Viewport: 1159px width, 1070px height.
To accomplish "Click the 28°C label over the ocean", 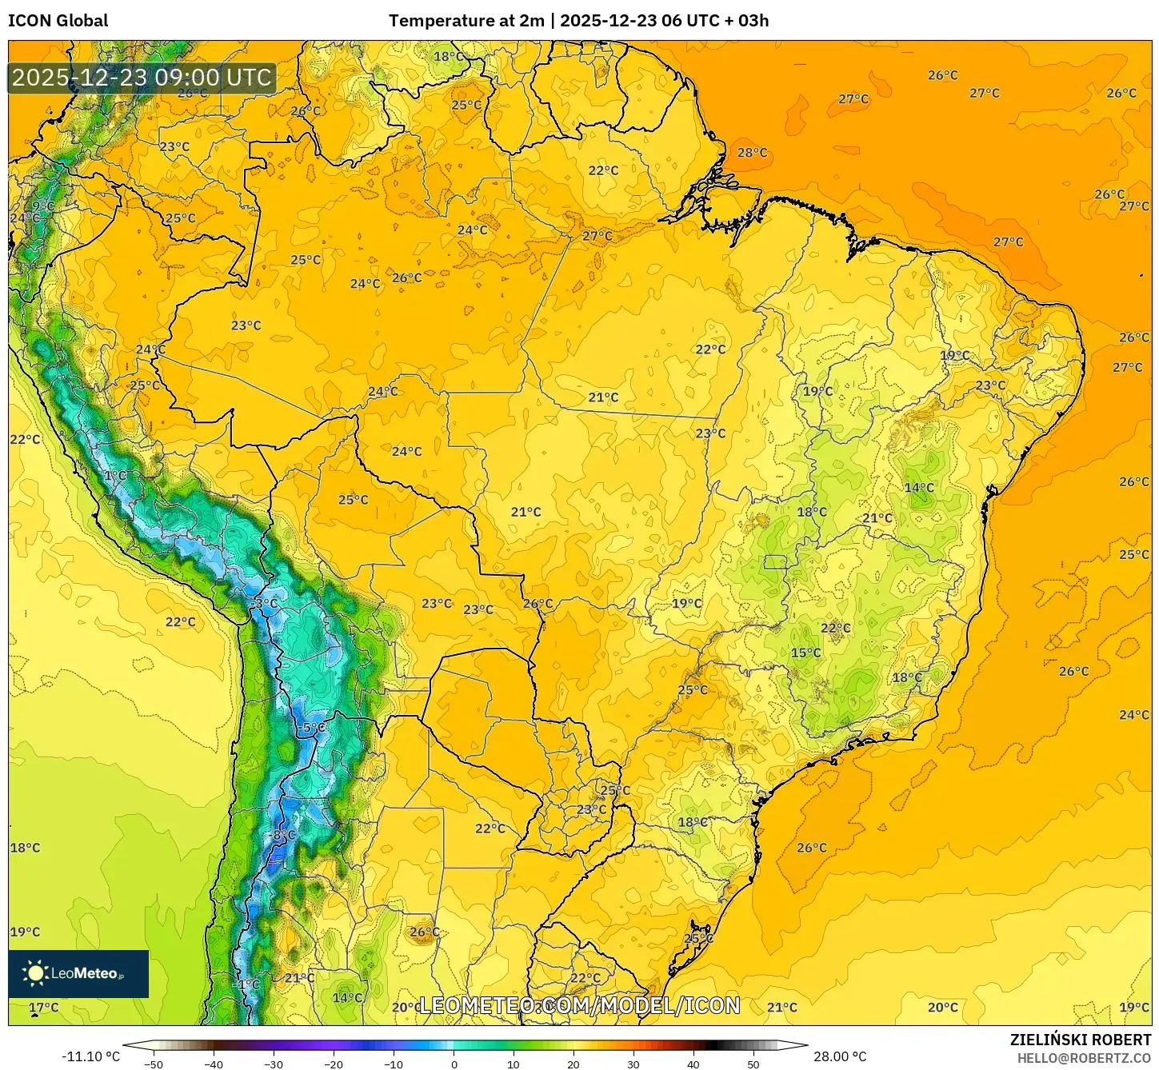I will coord(752,153).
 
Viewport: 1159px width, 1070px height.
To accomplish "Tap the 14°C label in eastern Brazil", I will coord(919,488).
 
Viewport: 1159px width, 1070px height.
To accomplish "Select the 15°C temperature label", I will coord(805,653).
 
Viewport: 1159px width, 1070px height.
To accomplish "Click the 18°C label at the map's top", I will coord(448,57).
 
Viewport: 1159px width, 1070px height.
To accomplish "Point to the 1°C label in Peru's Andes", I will coord(115,476).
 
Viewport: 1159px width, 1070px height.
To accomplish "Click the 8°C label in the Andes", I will coord(284,835).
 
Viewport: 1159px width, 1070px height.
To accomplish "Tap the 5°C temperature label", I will coord(314,728).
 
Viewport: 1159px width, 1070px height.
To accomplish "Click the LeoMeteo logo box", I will coord(78,973).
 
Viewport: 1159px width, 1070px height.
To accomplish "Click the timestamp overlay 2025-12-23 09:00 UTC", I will coord(142,78).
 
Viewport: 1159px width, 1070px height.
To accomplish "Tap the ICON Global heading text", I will coord(58,21).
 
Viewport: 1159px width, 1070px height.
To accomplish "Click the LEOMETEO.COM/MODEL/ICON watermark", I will coord(579,1005).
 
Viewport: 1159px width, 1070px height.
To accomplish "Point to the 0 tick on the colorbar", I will coord(454,1064).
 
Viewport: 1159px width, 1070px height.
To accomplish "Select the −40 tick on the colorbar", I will coord(214,1064).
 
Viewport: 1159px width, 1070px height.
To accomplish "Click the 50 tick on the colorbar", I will coord(753,1064).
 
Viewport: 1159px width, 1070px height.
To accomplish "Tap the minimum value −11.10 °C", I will coord(90,1056).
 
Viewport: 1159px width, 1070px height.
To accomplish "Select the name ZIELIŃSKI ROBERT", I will coord(1080,1040).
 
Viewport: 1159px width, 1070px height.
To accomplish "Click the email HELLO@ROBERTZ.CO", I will coord(1083,1058).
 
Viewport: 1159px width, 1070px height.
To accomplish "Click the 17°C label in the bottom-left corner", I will coord(44,1008).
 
